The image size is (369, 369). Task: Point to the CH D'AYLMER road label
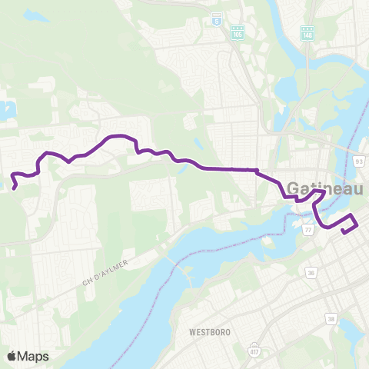pyautogui.click(x=106, y=274)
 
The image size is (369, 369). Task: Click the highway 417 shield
pyautogui.click(x=254, y=351)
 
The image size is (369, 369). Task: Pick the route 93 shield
pyautogui.click(x=359, y=160)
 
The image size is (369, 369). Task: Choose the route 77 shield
pyautogui.click(x=308, y=229)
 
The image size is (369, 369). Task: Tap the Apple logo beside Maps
pyautogui.click(x=12, y=356)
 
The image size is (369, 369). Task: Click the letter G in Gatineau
pyautogui.click(x=295, y=188)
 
